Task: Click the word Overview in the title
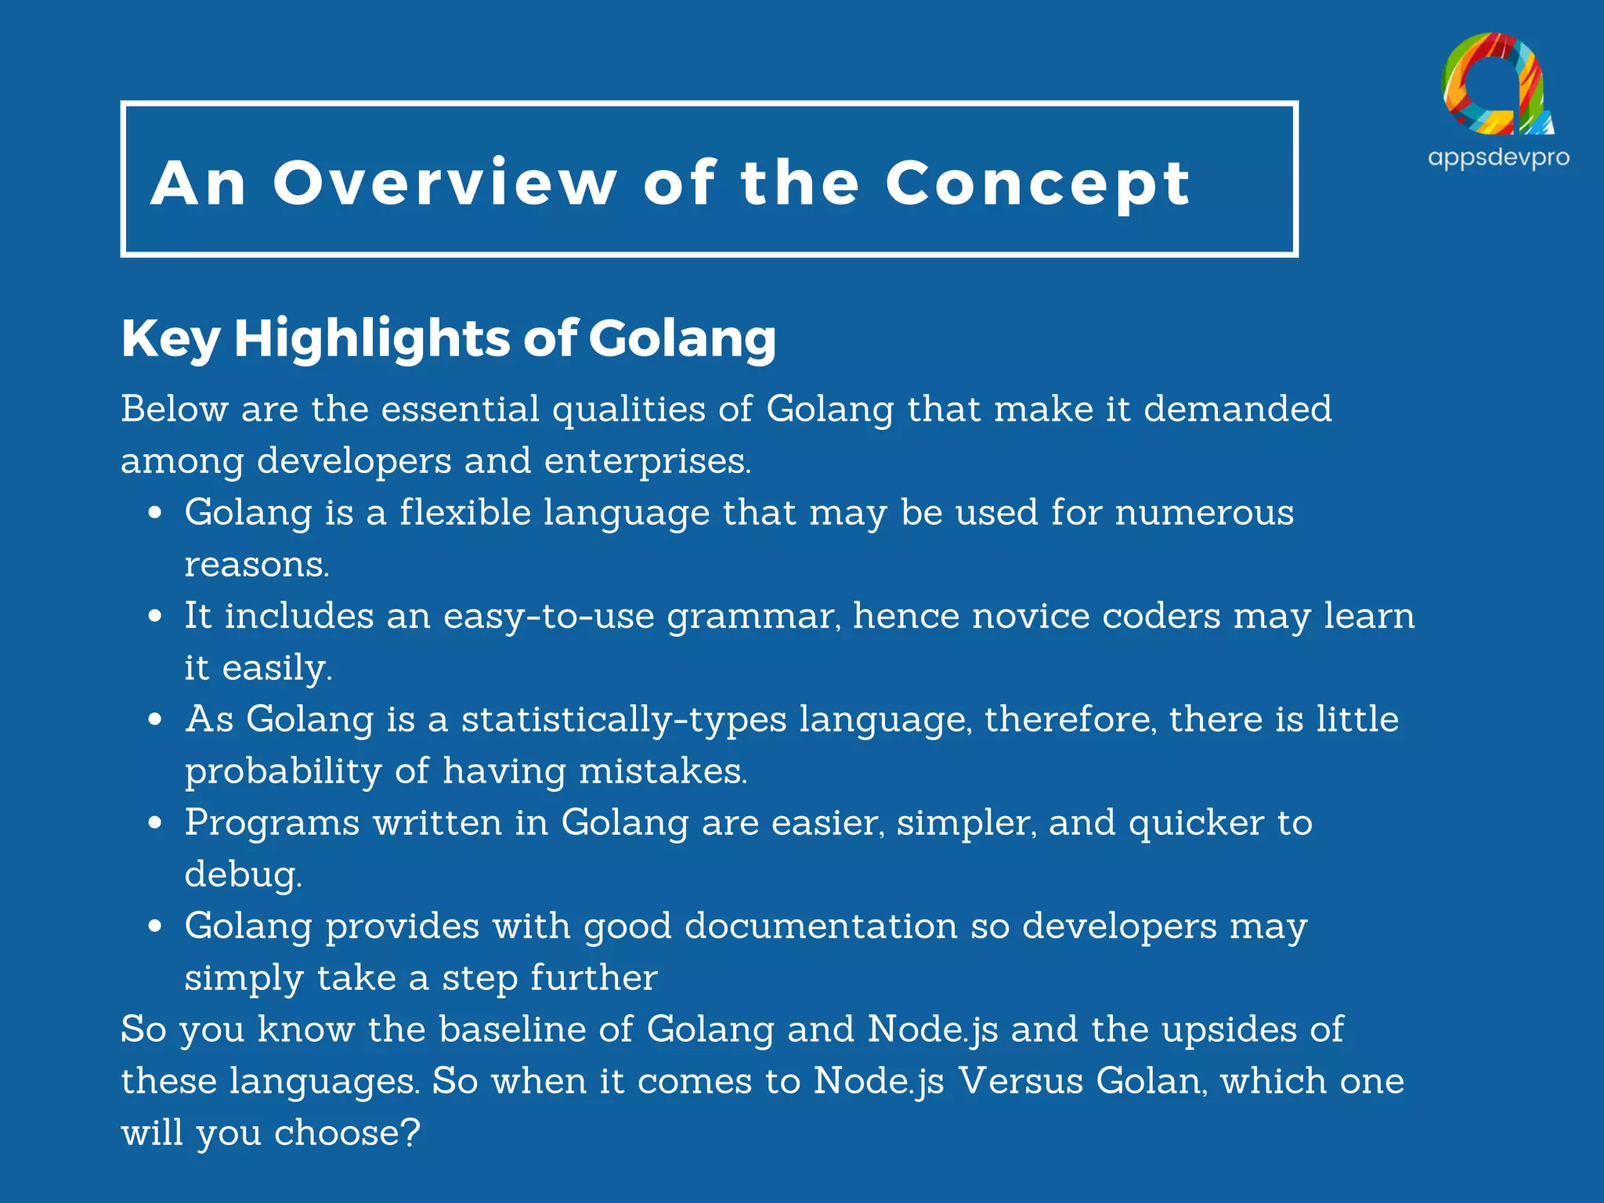click(x=444, y=183)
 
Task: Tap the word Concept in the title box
click(x=1038, y=185)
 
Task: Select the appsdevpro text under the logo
click(x=1498, y=158)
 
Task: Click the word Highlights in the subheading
click(x=372, y=338)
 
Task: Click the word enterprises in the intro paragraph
click(x=647, y=461)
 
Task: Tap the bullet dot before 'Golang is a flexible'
click(x=155, y=513)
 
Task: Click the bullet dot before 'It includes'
click(x=155, y=616)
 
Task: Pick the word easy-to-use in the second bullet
click(x=548, y=616)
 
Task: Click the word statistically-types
click(x=623, y=720)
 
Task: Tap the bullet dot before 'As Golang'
click(x=155, y=720)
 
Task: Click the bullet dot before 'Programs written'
click(x=155, y=823)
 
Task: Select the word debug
click(x=243, y=875)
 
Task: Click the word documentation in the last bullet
click(x=821, y=927)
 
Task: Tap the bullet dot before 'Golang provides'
click(x=155, y=927)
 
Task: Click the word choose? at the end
click(x=347, y=1133)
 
